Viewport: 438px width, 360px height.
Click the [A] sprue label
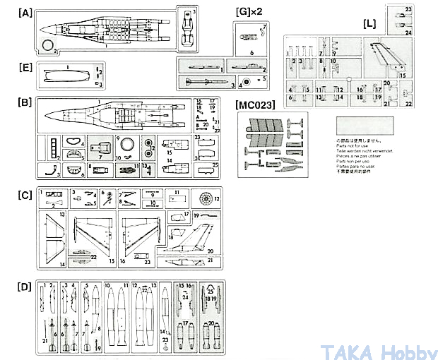tap(25, 13)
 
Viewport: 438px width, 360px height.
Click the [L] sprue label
tap(369, 23)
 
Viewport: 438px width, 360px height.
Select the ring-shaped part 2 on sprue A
tap(48, 46)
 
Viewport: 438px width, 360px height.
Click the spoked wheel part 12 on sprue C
tap(206, 199)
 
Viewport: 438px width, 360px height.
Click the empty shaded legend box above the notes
tap(366, 127)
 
